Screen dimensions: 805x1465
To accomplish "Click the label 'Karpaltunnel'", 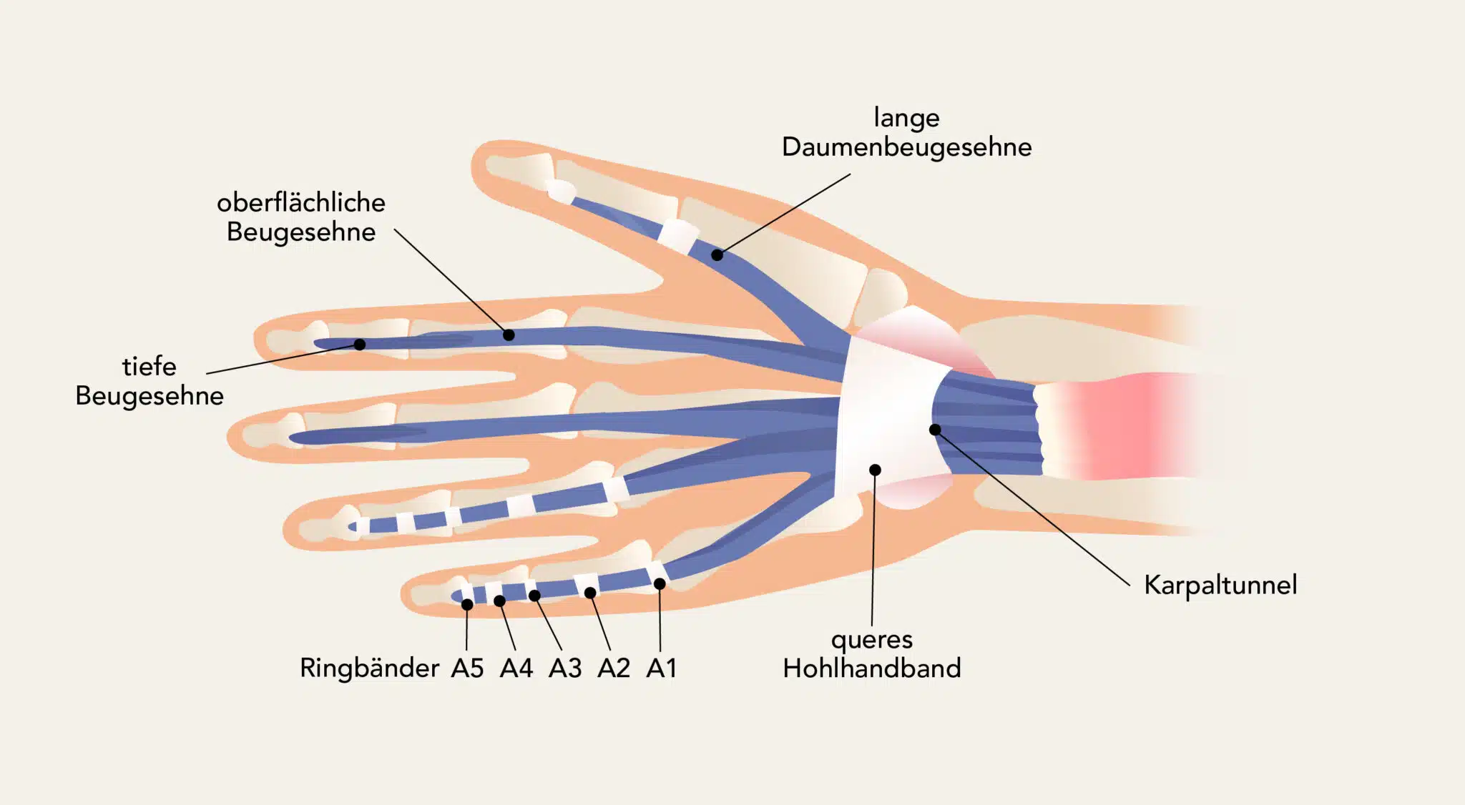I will [1220, 585].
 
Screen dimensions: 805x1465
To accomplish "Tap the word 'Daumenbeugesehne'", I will [906, 147].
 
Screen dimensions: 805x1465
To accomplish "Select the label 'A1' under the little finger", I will [661, 668].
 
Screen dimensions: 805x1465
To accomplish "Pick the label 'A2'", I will [613, 668].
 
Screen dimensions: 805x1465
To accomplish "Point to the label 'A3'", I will [565, 668].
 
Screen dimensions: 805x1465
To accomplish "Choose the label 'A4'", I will [516, 668].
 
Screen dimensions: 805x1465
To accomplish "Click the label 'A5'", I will [467, 668].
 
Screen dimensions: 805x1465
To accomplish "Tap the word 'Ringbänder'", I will [369, 668].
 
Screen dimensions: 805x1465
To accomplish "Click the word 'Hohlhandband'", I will [871, 668].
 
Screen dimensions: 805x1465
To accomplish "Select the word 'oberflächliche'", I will [301, 203].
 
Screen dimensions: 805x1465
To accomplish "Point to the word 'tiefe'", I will [150, 366].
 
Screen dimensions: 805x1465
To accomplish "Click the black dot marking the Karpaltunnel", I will [935, 430].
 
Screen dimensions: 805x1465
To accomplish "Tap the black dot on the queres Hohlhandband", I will [875, 470].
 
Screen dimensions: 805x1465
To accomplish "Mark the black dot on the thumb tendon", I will [717, 255].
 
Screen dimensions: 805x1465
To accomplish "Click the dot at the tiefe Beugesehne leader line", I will [360, 345].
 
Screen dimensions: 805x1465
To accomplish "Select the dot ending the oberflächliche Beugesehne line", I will [509, 335].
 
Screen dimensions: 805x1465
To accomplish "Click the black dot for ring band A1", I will [660, 584].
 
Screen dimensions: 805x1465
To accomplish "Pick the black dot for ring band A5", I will [467, 605].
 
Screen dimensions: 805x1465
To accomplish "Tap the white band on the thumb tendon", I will [677, 235].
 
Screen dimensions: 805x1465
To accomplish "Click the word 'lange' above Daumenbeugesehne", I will [906, 117].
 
